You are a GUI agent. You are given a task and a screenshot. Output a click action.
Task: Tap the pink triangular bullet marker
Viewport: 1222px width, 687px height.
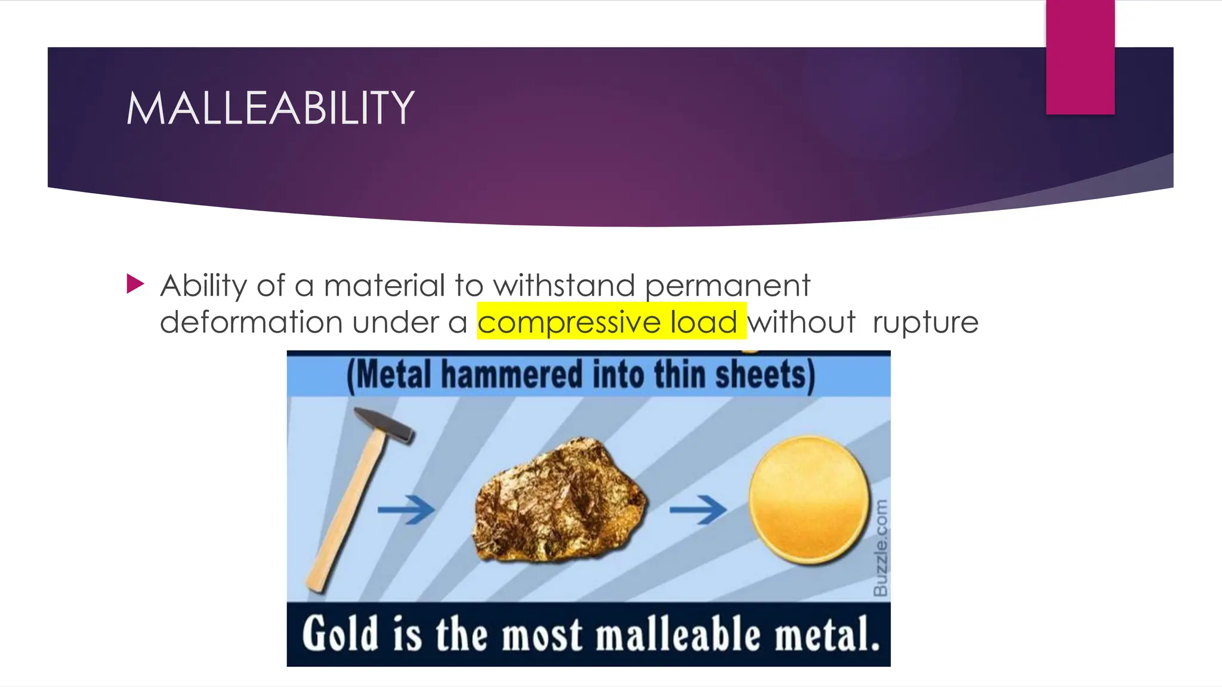tap(135, 284)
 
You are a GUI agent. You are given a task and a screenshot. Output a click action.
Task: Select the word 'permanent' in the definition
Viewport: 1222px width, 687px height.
tap(727, 286)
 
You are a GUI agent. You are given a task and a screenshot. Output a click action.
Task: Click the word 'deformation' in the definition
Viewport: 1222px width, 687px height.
tap(251, 323)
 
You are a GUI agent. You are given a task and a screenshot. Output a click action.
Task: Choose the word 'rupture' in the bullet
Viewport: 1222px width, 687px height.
tap(925, 323)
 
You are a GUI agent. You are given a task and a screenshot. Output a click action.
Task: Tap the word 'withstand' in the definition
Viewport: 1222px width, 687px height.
tap(564, 285)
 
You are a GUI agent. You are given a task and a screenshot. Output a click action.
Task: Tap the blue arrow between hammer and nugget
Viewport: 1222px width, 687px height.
tap(406, 509)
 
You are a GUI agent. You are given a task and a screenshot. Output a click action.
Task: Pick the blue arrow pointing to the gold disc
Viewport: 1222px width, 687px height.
tap(698, 509)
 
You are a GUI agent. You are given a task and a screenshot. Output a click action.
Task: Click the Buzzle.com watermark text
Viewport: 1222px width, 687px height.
tap(880, 547)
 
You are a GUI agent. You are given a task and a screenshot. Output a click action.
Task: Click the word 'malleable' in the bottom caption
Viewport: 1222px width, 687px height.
tap(678, 635)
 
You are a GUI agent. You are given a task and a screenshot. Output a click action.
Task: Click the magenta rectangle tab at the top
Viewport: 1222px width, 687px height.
tap(1080, 57)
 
